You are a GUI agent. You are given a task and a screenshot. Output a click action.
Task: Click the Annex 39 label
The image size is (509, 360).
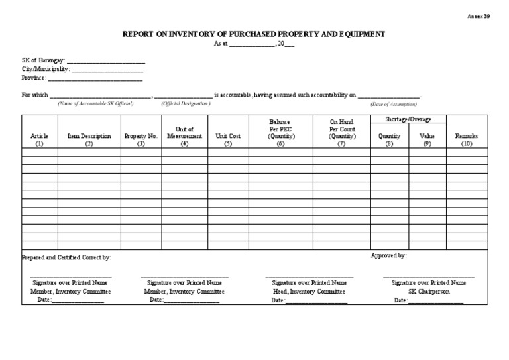[x=479, y=15]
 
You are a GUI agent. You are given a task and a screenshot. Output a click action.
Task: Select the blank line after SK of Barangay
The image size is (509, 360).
[x=106, y=61]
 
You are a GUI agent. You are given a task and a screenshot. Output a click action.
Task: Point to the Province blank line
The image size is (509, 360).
[x=95, y=78]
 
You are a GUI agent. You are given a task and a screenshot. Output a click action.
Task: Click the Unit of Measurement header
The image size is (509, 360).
[x=184, y=133]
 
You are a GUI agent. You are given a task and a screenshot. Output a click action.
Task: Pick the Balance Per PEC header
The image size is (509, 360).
[x=280, y=129]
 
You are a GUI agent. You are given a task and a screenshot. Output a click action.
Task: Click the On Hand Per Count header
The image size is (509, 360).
[x=341, y=129]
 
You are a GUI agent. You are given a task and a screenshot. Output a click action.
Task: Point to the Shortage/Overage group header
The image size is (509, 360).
[x=408, y=119]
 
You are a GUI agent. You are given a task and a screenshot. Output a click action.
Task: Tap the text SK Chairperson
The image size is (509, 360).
[x=428, y=291]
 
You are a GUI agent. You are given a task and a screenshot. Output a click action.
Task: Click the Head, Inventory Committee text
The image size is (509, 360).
[x=309, y=291]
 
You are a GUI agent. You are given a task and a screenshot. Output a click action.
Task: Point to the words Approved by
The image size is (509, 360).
[x=388, y=255]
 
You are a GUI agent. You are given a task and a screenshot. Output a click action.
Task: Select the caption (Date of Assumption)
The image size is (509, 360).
[x=394, y=104]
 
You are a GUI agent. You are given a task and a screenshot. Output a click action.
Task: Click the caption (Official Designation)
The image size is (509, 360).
[x=186, y=104]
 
